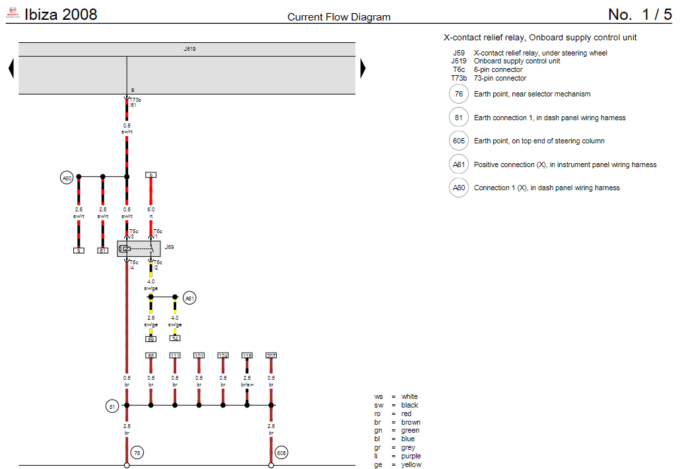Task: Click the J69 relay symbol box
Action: point(139,249)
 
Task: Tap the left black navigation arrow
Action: point(11,68)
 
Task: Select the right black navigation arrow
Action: point(362,68)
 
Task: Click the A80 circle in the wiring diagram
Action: point(67,178)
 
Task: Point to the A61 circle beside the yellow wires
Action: point(189,298)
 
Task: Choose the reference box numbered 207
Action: point(271,355)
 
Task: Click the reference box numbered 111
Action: point(175,355)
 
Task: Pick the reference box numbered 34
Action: point(175,338)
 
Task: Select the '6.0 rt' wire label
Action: point(151,212)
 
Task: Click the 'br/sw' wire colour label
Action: point(247,384)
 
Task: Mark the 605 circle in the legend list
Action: point(458,141)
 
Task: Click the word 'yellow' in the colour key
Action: point(411,464)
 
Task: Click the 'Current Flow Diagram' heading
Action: point(339,17)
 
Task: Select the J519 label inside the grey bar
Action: point(189,49)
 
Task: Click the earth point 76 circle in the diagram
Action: point(137,453)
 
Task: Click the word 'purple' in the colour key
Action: point(411,456)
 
